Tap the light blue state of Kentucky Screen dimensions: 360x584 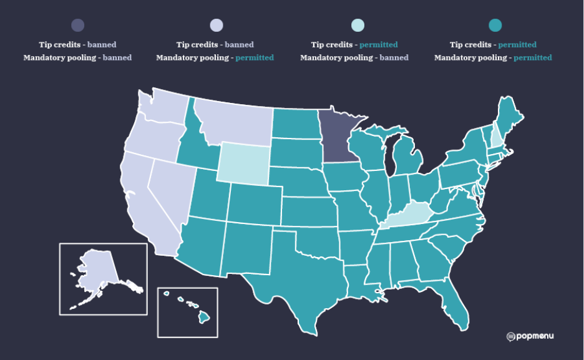coord(409,216)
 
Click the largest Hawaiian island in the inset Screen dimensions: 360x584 coord(203,318)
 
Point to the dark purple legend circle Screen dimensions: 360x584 coord(77,25)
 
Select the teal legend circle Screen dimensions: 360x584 coord(495,25)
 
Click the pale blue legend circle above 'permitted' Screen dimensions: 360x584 coord(357,25)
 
